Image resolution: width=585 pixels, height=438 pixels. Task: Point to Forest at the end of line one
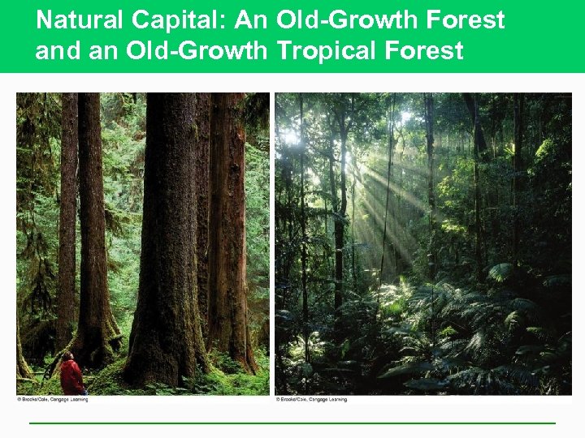(468, 19)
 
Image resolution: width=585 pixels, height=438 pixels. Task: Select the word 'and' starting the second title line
(53, 51)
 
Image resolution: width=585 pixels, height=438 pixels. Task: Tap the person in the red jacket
(72, 376)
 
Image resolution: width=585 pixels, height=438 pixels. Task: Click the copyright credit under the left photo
(52, 400)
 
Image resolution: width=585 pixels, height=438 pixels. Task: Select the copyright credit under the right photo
(310, 400)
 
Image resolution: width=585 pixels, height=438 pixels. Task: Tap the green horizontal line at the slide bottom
(292, 423)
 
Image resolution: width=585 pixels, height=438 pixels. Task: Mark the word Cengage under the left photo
(59, 400)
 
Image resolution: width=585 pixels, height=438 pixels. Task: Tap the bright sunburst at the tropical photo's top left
(290, 138)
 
